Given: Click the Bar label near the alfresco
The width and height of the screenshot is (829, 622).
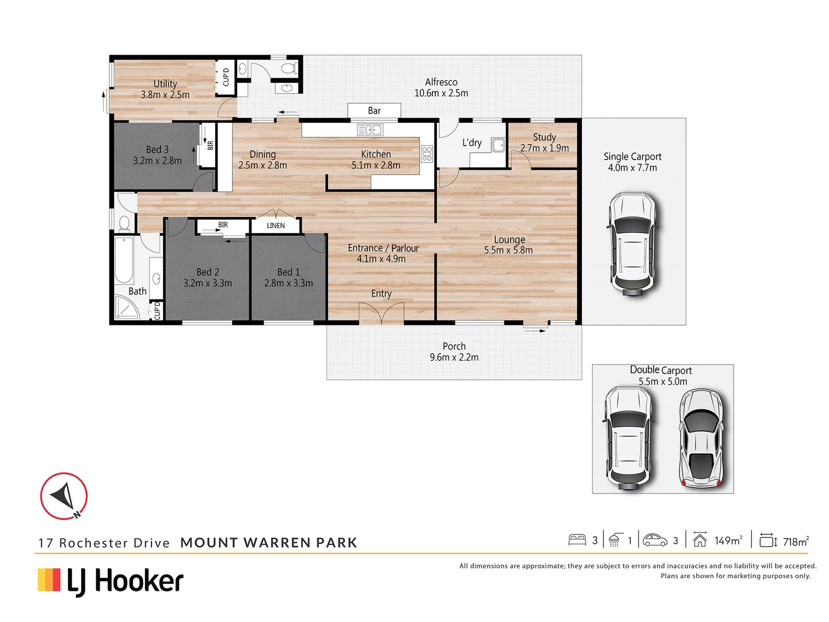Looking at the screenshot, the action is click(x=374, y=111).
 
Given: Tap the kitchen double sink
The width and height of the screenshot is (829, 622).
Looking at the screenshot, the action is click(x=370, y=130).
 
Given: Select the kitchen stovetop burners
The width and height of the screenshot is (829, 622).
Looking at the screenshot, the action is click(x=427, y=154).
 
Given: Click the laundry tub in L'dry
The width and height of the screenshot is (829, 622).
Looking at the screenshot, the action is click(x=498, y=145).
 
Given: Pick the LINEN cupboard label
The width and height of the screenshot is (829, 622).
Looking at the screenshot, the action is click(x=276, y=226).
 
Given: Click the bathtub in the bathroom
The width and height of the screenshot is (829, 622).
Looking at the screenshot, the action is click(x=124, y=260).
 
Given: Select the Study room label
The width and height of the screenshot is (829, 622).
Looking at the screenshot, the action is click(x=544, y=137).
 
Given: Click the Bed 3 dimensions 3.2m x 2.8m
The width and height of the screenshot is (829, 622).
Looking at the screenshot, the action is click(x=157, y=161).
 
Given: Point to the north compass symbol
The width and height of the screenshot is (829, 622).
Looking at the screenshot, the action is click(x=64, y=496).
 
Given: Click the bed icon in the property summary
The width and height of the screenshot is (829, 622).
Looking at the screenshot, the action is click(x=577, y=540).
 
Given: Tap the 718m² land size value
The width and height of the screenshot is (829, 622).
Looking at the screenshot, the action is click(x=796, y=541).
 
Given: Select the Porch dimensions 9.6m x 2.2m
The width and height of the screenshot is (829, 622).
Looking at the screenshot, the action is click(x=454, y=357).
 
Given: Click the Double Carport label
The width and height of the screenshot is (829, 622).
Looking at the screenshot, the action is click(x=661, y=370).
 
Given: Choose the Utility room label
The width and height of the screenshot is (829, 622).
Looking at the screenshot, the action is click(x=165, y=84).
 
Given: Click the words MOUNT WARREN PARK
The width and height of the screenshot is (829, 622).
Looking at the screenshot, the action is click(x=268, y=543).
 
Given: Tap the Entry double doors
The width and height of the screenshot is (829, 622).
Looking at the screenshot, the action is click(x=382, y=313).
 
